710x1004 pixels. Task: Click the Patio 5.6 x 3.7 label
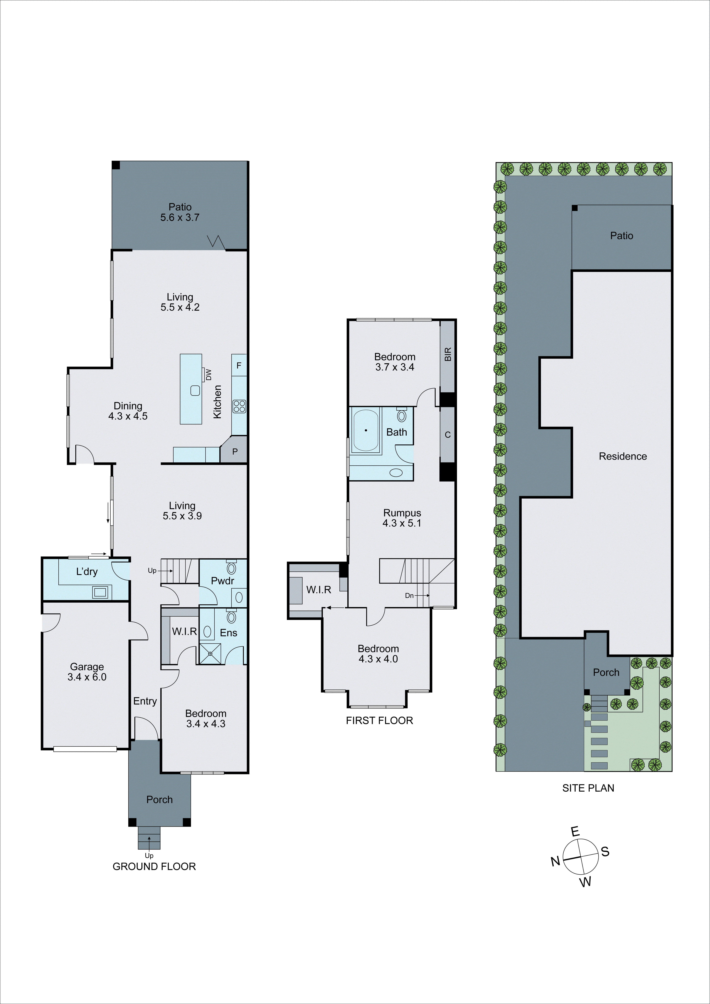(180, 212)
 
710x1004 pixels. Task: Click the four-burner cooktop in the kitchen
(239, 407)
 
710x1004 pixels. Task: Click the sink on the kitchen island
(195, 391)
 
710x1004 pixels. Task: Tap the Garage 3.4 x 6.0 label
(87, 672)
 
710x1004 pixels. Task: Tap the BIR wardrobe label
(447, 354)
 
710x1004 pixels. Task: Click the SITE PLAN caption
(588, 788)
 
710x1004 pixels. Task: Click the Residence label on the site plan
(622, 456)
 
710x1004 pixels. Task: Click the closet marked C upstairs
(447, 435)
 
